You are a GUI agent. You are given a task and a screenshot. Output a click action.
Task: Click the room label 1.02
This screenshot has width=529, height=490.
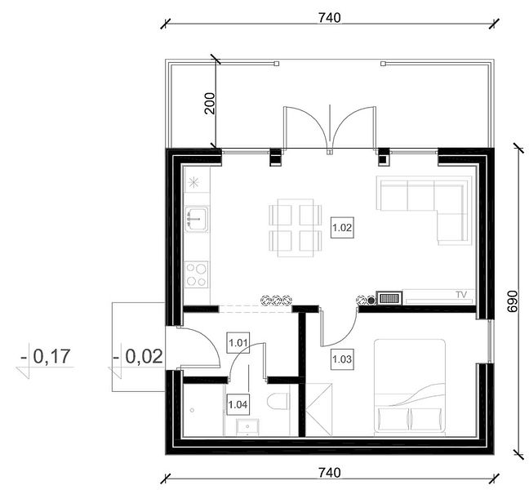click(342, 228)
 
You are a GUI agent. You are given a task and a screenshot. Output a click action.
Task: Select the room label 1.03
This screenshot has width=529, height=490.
click(342, 359)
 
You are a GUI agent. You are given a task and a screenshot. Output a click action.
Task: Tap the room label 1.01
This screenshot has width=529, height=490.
click(238, 343)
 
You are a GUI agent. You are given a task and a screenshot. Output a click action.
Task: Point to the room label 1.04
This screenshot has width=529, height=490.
click(238, 404)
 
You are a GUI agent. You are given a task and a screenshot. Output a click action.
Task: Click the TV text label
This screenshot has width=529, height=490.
click(461, 295)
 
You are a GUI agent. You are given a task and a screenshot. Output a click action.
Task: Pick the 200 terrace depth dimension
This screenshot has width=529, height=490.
click(210, 103)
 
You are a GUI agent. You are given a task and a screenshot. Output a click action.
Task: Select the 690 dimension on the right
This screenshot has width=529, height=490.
click(512, 301)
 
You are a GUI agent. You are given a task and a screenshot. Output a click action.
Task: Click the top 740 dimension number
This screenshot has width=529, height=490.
click(330, 17)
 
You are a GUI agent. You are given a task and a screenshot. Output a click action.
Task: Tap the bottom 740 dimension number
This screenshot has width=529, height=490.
click(330, 473)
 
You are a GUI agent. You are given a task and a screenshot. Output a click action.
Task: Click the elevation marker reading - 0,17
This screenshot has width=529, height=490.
click(46, 356)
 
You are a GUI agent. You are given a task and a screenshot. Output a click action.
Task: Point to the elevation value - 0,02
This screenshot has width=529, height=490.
click(138, 356)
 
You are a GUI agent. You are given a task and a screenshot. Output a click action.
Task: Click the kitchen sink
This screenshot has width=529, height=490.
click(197, 219)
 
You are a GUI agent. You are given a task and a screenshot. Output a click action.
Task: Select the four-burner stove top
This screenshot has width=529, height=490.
click(197, 274)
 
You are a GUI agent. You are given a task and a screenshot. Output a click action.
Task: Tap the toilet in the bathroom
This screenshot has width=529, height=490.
click(278, 402)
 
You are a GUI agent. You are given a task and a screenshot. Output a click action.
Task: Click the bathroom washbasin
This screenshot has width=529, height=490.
click(247, 426)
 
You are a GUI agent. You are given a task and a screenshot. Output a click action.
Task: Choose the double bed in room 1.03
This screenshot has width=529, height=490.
click(410, 387)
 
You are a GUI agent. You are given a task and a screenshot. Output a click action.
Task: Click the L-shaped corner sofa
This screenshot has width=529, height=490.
click(425, 210)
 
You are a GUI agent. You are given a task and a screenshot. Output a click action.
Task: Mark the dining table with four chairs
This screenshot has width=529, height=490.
click(296, 228)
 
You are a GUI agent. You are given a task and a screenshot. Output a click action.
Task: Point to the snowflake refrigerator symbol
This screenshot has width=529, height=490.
click(193, 182)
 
